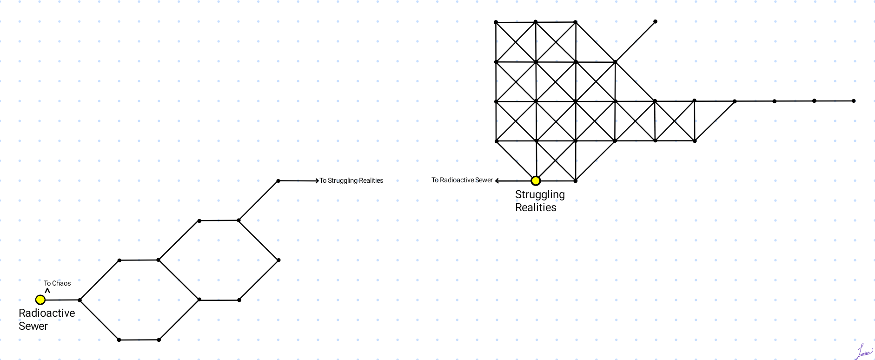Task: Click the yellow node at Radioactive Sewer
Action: pos(40,300)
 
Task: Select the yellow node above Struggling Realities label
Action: pos(536,180)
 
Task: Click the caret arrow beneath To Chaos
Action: pos(47,291)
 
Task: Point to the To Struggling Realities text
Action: pos(351,180)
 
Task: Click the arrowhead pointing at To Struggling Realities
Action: pos(317,180)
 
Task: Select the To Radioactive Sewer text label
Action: pos(462,180)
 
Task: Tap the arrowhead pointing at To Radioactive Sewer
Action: pos(497,180)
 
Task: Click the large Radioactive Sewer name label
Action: pos(46,320)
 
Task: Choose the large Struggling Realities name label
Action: pos(540,201)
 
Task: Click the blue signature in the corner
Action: pos(864,352)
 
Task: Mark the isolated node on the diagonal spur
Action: pos(655,21)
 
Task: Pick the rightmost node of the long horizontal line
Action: pos(854,101)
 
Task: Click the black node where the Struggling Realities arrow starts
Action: pos(278,181)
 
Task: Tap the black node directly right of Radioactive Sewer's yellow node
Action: pos(80,300)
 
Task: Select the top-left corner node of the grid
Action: pos(496,22)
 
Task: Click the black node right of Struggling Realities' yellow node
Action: pos(576,180)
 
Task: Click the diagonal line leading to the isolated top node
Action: pos(635,41)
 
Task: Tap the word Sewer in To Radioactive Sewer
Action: pos(484,180)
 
